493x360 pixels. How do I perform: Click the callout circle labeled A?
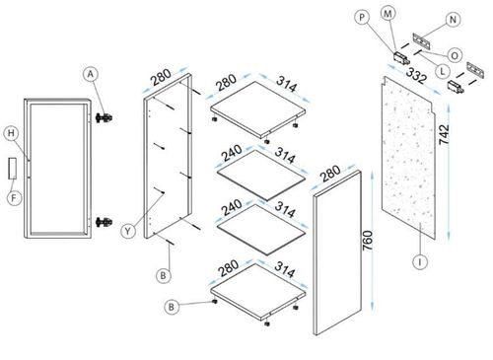[91, 75]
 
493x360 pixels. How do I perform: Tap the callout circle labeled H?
[11, 133]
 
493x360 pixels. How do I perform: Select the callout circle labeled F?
[14, 198]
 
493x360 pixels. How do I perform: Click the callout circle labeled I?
[420, 261]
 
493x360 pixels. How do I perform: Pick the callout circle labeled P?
[362, 17]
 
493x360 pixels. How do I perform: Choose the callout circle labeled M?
[387, 14]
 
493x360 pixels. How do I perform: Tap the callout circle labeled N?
[453, 20]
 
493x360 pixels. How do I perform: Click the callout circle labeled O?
[455, 55]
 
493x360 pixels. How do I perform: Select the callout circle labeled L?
[443, 71]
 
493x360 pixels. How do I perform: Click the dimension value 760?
[368, 241]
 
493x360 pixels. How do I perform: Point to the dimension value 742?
[444, 134]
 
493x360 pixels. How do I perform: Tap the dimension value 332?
[416, 76]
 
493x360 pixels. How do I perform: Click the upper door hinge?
[105, 117]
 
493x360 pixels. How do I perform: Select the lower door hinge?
[105, 222]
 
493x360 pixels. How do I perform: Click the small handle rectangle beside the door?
[13, 169]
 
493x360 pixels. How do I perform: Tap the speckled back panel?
[408, 157]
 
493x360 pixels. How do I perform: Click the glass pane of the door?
[57, 168]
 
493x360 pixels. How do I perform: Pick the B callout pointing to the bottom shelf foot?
[172, 307]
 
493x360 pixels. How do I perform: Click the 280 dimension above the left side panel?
[161, 78]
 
